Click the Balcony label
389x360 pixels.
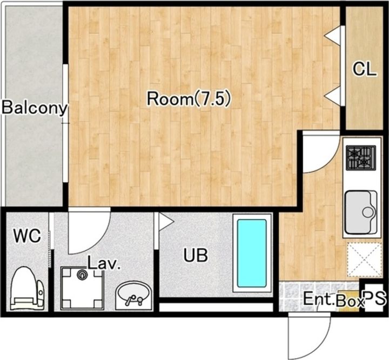(x=35, y=108)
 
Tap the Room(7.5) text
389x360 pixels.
(x=189, y=99)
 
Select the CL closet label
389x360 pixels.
(x=365, y=69)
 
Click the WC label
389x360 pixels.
(x=27, y=236)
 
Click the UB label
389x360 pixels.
(x=196, y=255)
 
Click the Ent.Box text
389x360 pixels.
(x=334, y=299)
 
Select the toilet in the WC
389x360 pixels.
(x=28, y=288)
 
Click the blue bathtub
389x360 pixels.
(x=252, y=253)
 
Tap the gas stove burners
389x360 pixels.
(x=361, y=158)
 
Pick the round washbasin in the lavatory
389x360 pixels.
(x=134, y=296)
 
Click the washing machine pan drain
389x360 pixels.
(x=82, y=275)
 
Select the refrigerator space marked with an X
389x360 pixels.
(x=364, y=259)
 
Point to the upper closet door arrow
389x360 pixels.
(x=333, y=36)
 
